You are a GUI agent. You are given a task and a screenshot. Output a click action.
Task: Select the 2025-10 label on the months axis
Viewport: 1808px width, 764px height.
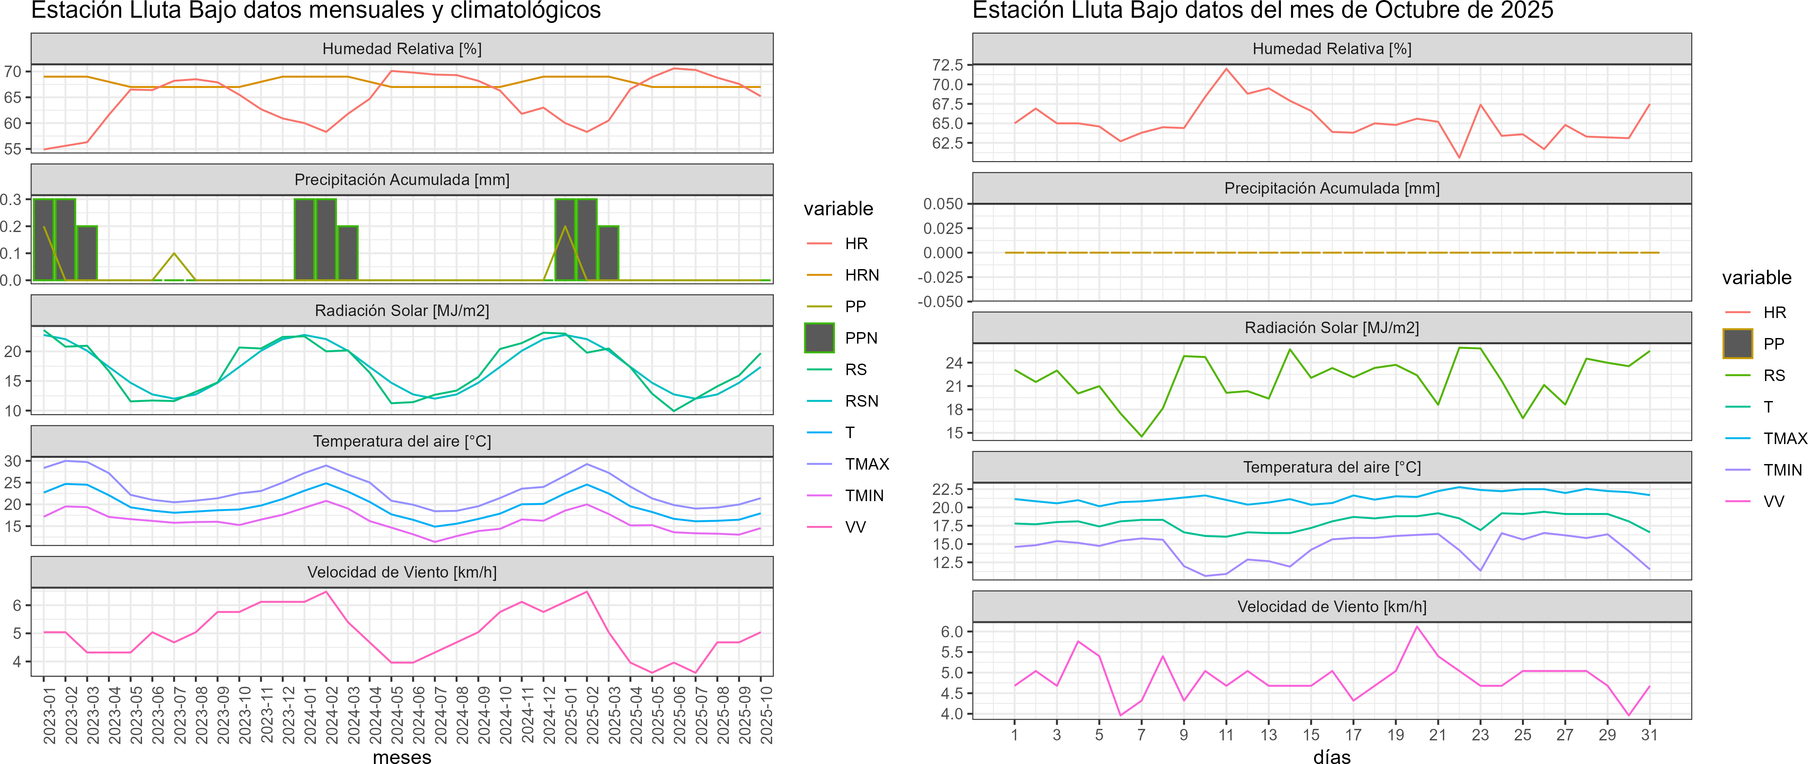tap(767, 715)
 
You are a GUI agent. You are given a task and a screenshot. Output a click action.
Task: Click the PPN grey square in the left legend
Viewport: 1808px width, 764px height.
tap(819, 338)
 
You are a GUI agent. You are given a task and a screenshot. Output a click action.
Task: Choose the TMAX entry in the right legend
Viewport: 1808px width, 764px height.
tap(1785, 438)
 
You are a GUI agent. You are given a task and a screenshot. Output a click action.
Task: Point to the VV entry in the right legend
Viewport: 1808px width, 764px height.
tap(1774, 501)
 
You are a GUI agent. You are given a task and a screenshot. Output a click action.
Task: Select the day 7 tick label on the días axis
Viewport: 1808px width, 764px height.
tap(1141, 734)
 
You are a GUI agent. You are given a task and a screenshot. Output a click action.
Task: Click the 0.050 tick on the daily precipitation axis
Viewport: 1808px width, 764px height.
tap(943, 204)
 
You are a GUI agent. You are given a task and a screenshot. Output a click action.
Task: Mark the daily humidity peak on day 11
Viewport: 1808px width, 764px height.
tap(1226, 69)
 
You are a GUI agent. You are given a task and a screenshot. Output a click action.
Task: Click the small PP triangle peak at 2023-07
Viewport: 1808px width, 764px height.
tap(174, 253)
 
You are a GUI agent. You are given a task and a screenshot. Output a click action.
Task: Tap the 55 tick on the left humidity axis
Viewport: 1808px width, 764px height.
tap(13, 149)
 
